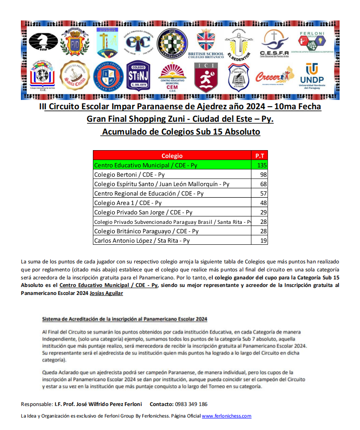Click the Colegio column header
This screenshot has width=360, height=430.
click(x=172, y=156)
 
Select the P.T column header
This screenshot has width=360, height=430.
click(x=260, y=156)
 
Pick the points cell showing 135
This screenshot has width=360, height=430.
click(x=260, y=165)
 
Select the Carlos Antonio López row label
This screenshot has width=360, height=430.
click(x=142, y=240)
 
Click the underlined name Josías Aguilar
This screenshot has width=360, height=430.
click(x=106, y=293)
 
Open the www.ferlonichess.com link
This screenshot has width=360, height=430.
click(x=227, y=416)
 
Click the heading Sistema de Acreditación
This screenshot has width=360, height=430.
click(x=124, y=319)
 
